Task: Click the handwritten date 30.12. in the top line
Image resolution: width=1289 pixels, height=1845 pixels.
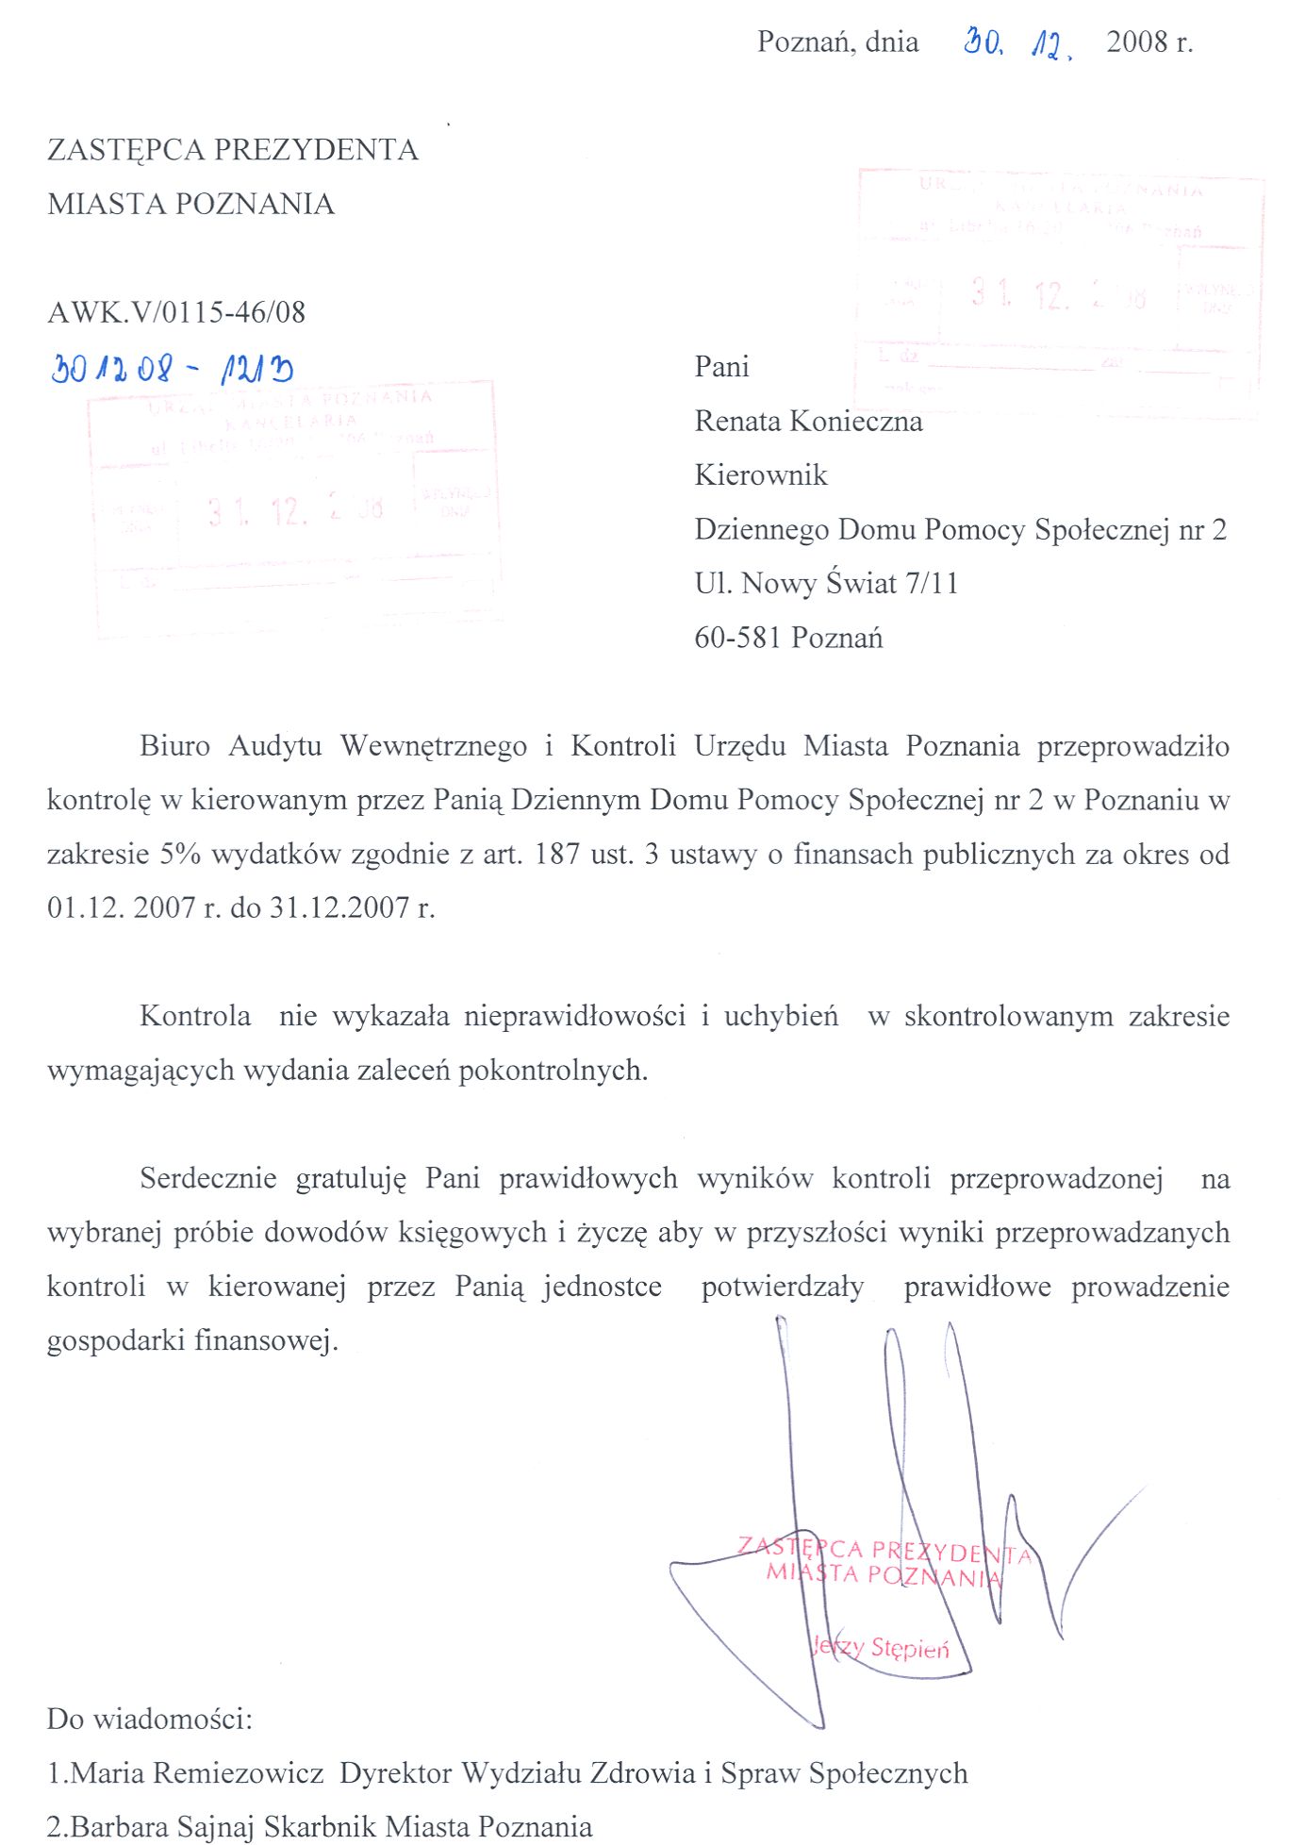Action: point(1017,43)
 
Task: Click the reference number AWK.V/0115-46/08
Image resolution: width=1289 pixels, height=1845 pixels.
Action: point(176,312)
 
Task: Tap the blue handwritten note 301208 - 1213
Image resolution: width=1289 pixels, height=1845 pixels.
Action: point(172,369)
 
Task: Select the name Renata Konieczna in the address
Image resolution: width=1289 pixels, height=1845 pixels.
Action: point(808,421)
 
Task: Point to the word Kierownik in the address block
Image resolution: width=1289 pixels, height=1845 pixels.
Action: point(761,474)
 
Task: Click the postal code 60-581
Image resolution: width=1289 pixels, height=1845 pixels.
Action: point(737,638)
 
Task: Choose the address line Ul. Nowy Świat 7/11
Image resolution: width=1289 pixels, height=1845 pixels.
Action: point(826,583)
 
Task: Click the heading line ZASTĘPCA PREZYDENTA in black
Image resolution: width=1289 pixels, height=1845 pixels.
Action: point(233,150)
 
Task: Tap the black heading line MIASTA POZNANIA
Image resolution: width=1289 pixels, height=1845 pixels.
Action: point(190,204)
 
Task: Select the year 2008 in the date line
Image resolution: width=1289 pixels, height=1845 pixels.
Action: point(1137,42)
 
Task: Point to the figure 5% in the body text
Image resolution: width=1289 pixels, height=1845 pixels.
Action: point(180,854)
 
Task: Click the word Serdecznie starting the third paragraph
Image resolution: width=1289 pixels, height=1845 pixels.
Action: point(207,1178)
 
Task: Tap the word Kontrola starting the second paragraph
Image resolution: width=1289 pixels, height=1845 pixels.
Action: point(195,1016)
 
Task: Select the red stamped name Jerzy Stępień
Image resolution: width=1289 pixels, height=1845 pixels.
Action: point(881,1647)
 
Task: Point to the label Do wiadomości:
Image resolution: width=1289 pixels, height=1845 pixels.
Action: point(150,1719)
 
